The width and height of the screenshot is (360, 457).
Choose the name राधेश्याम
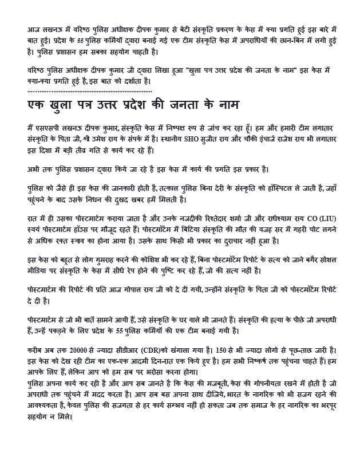coord(264,219)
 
